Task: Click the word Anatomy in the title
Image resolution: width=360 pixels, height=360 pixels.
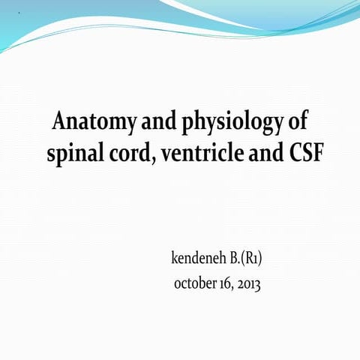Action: click(89, 121)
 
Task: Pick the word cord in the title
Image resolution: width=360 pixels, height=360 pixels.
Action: click(131, 156)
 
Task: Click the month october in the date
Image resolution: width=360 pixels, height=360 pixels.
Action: click(196, 284)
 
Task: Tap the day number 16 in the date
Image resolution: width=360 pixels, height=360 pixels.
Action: click(229, 284)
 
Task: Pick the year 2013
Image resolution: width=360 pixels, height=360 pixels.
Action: click(250, 284)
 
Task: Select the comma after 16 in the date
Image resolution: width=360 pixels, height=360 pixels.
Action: click(236, 289)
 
